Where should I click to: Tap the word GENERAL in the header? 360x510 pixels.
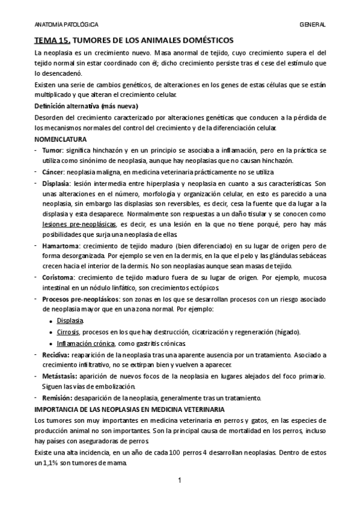tap(312, 25)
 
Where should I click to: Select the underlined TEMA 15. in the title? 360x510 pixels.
tap(52, 40)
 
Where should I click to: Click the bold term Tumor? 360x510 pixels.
tap(53, 149)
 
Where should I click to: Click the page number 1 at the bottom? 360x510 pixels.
tap(179, 481)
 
